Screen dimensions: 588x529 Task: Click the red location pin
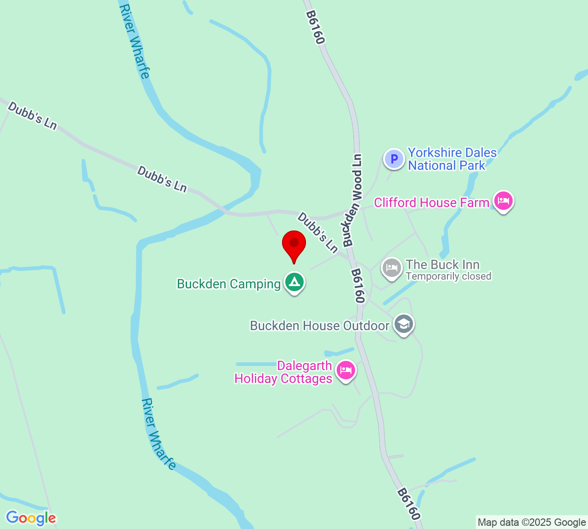pyautogui.click(x=294, y=245)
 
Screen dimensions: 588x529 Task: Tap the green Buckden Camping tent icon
pyautogui.click(x=294, y=282)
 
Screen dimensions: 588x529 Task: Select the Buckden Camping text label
pyautogui.click(x=229, y=284)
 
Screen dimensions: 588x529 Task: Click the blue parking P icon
pyautogui.click(x=394, y=159)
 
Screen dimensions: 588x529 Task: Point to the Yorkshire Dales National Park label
pyautogui.click(x=452, y=159)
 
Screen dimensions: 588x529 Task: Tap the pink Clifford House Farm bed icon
pyautogui.click(x=503, y=201)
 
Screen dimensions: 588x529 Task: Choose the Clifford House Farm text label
pyautogui.click(x=431, y=203)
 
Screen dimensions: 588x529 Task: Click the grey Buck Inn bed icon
pyautogui.click(x=391, y=268)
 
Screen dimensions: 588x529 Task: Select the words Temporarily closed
pyautogui.click(x=448, y=276)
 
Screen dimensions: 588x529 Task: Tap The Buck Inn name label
pyautogui.click(x=442, y=264)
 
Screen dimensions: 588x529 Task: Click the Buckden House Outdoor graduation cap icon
pyautogui.click(x=403, y=324)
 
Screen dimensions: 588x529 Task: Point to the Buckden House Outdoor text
pyautogui.click(x=319, y=326)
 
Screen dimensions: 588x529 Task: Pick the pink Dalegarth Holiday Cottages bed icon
pyautogui.click(x=345, y=370)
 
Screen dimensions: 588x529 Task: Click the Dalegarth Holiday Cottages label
pyautogui.click(x=283, y=372)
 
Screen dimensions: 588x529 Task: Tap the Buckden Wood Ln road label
pyautogui.click(x=353, y=200)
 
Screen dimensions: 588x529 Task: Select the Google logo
pyautogui.click(x=31, y=518)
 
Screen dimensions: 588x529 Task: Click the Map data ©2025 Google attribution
pyautogui.click(x=531, y=522)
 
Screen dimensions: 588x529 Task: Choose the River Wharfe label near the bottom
pyautogui.click(x=158, y=434)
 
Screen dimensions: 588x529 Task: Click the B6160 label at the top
pyautogui.click(x=315, y=28)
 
